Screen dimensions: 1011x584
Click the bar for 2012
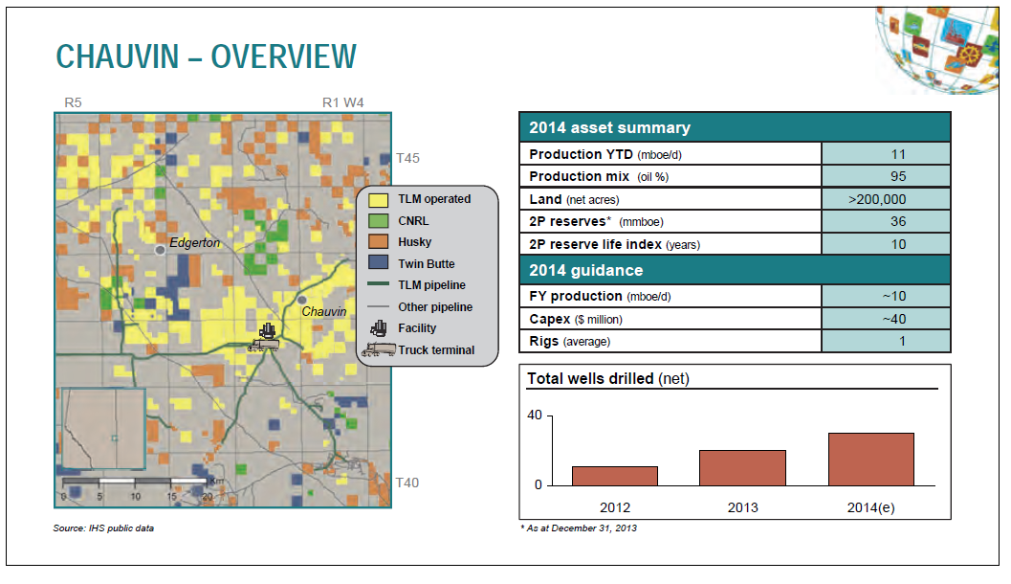pos(614,476)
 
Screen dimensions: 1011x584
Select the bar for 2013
pos(742,468)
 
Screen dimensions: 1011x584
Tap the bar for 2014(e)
pos(871,459)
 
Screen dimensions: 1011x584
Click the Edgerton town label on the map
pos(195,242)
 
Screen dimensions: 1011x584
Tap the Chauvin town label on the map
pos(323,312)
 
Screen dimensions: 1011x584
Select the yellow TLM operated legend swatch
pos(379,199)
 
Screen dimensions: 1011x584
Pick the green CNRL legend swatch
pos(379,221)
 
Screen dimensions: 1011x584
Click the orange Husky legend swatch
pos(379,242)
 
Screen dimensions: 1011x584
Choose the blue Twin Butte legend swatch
pos(379,263)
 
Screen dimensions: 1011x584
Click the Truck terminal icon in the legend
pos(379,349)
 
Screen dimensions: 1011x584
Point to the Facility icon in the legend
pos(379,327)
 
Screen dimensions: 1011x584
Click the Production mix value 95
pos(898,176)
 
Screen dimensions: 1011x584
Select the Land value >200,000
pos(877,199)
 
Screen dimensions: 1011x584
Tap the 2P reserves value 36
pos(898,221)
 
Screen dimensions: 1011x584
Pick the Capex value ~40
pos(894,319)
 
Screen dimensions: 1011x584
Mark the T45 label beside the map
pos(407,158)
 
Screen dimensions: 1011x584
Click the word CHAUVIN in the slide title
pos(118,56)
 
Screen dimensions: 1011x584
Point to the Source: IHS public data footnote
pos(103,528)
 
